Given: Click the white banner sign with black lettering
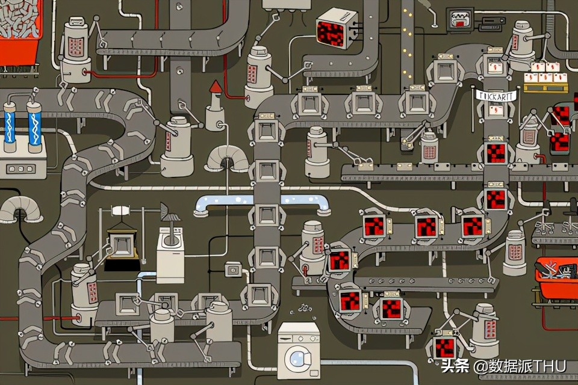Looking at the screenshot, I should tap(495, 95).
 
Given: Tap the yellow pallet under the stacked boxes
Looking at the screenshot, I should tap(545, 88).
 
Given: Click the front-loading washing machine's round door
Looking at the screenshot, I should tap(297, 359).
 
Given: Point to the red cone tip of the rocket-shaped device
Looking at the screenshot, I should tap(215, 88).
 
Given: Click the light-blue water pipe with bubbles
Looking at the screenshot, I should tap(262, 203).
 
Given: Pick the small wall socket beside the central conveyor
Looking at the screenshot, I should tap(232, 269).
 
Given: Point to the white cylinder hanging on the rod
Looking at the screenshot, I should tap(120, 211).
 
